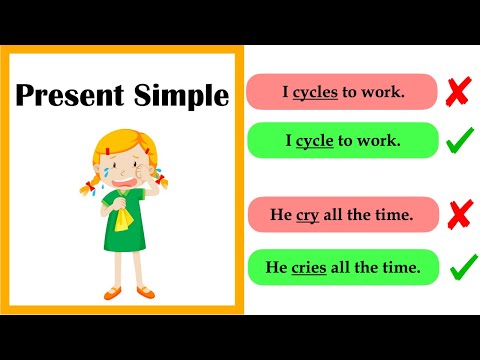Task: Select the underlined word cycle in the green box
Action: coord(314,141)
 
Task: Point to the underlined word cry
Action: coord(308,215)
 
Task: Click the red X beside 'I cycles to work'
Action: coord(458,92)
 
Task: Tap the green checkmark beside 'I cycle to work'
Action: coord(460,140)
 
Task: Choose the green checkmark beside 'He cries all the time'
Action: coord(463,266)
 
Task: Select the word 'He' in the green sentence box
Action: coord(276,267)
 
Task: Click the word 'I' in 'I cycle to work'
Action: coord(289,141)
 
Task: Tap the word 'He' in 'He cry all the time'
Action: coord(282,215)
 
